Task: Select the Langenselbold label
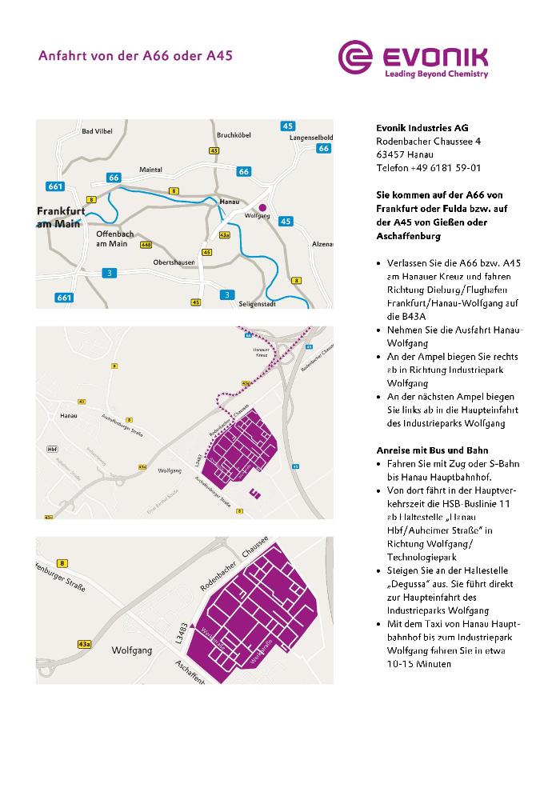click(311, 137)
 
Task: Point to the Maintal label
click(150, 170)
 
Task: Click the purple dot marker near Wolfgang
click(262, 206)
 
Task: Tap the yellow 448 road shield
click(146, 245)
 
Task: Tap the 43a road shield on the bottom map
click(84, 643)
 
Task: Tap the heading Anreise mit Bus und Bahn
click(432, 450)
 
